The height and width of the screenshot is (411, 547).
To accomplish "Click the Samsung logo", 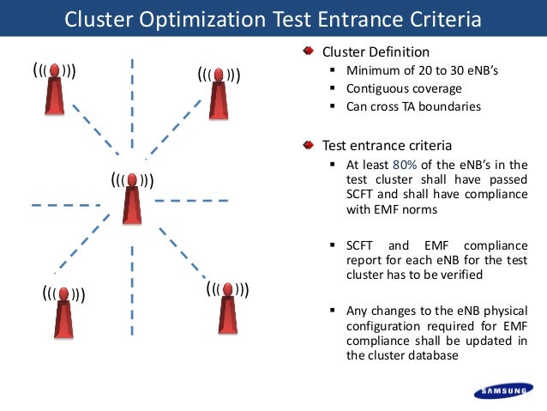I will (x=506, y=393).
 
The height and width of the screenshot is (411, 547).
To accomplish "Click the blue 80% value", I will (x=404, y=165).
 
